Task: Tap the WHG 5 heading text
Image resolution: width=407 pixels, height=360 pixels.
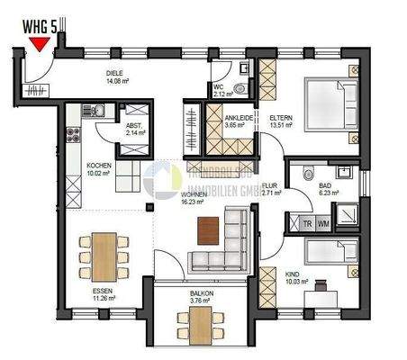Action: [x=37, y=27]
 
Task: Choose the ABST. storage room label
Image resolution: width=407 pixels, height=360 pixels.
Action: [x=136, y=129]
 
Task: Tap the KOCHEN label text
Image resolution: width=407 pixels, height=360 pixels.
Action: [x=98, y=166]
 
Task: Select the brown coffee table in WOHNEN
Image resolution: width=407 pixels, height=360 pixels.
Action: [x=209, y=229]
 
